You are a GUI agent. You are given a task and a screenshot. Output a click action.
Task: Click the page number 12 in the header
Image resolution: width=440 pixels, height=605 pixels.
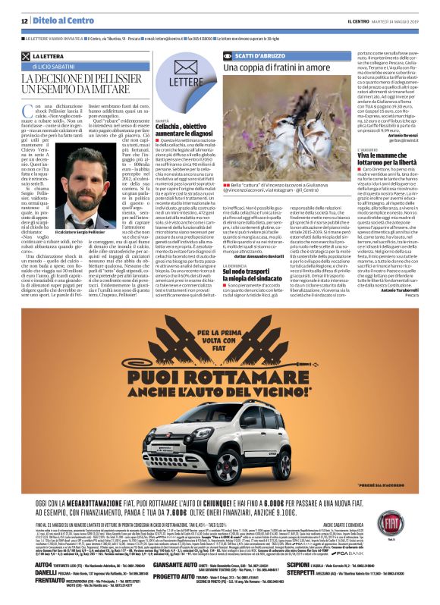(24, 20)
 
